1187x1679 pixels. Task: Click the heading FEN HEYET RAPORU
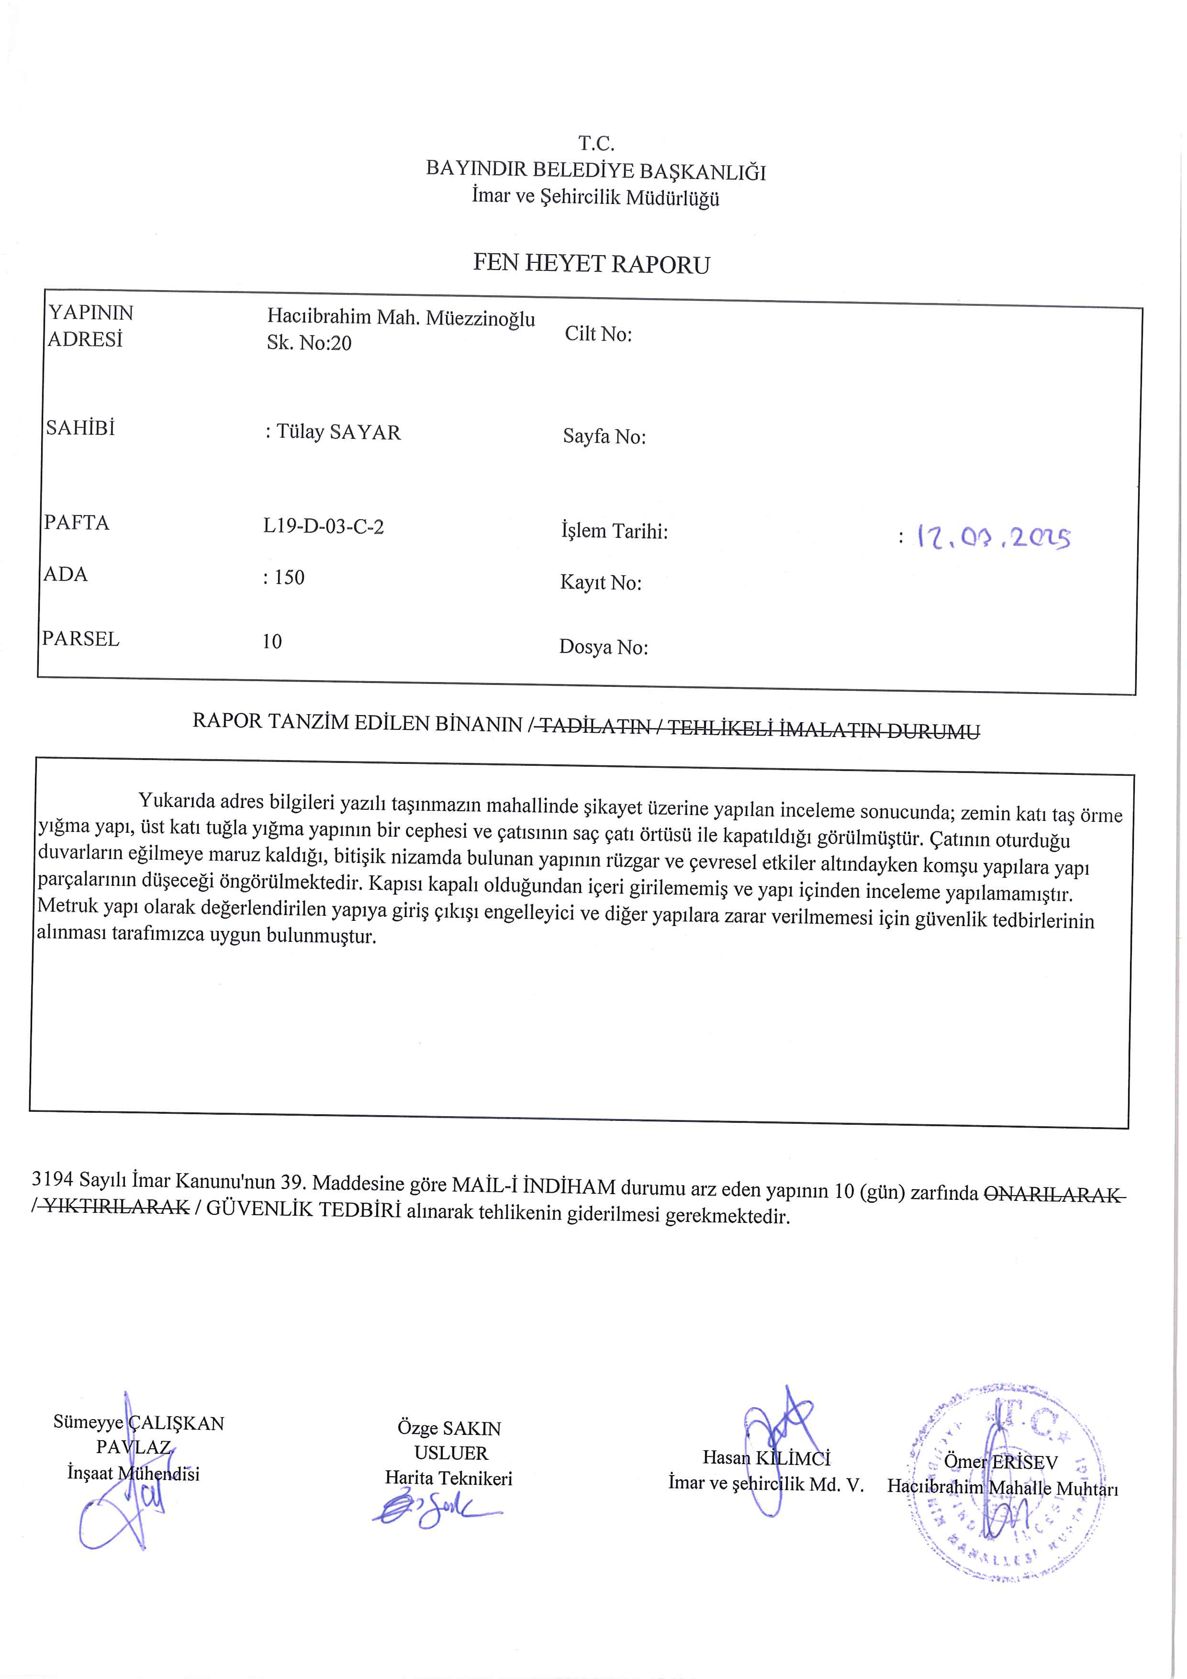591,263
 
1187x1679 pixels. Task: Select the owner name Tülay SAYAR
338,432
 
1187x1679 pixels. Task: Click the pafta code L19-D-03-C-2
323,526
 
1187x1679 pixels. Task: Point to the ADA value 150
288,578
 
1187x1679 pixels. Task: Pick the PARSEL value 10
272,641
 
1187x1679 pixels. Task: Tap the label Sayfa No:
604,437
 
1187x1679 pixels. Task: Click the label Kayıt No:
601,583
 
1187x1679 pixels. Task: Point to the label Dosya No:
604,647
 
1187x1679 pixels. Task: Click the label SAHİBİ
80,428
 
